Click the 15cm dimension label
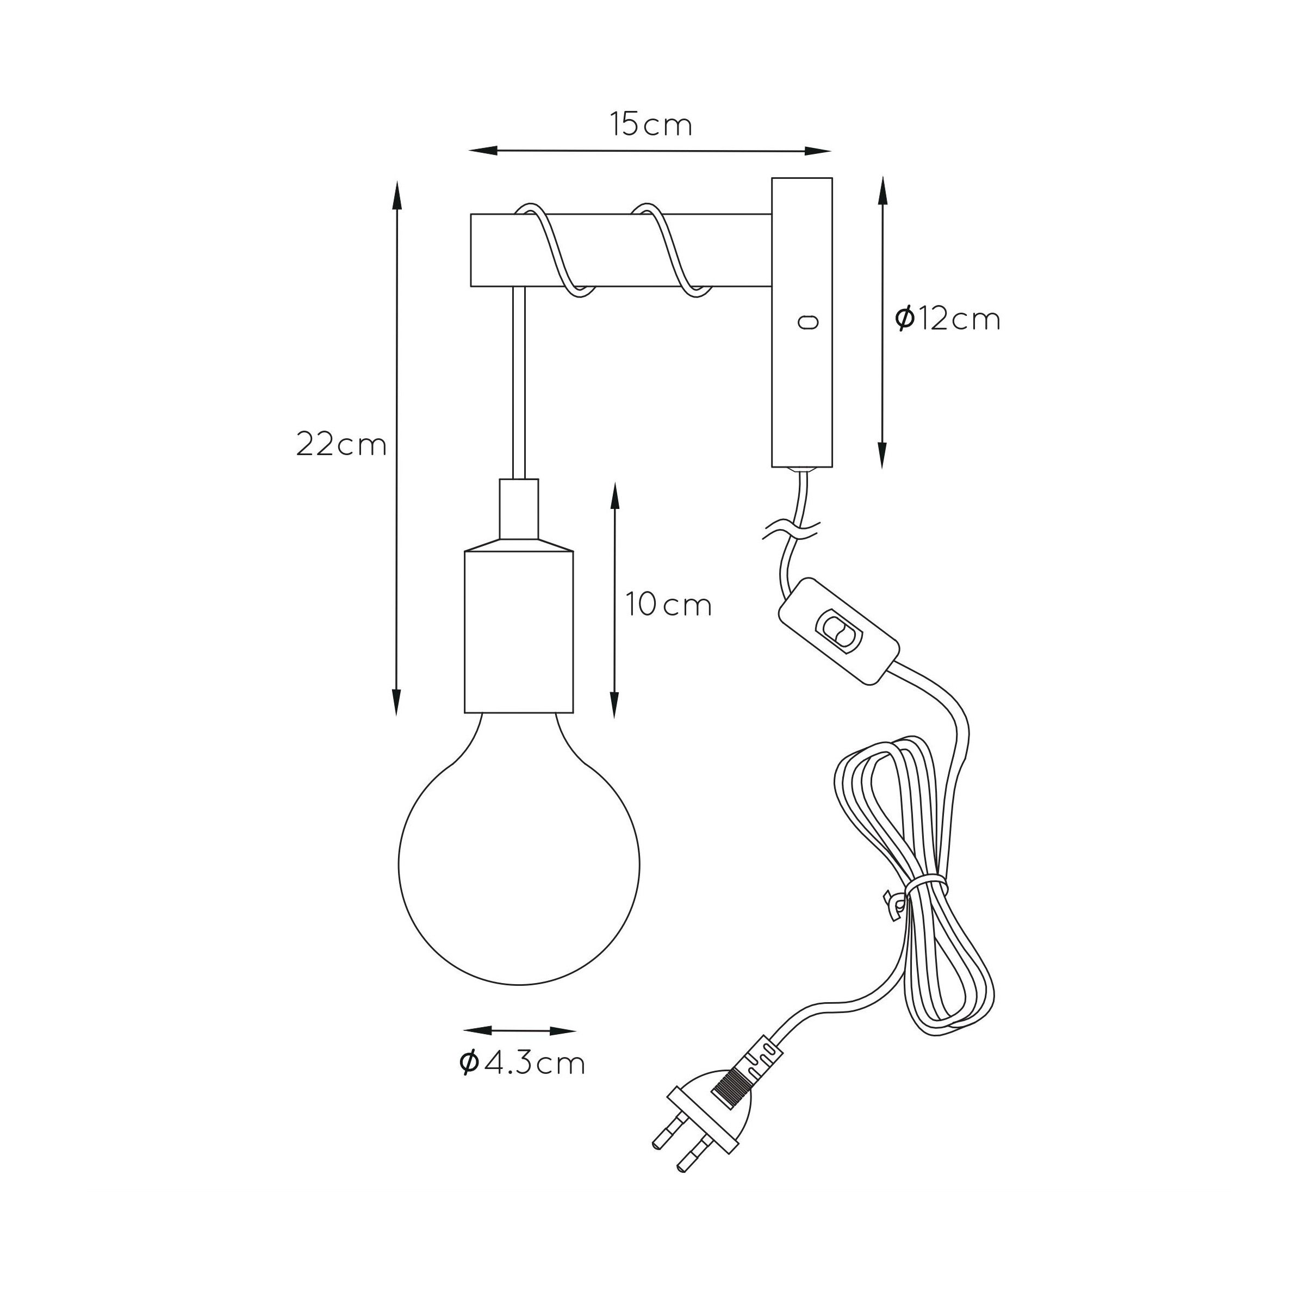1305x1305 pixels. pyautogui.click(x=651, y=125)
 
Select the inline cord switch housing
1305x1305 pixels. pyautogui.click(x=839, y=631)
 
